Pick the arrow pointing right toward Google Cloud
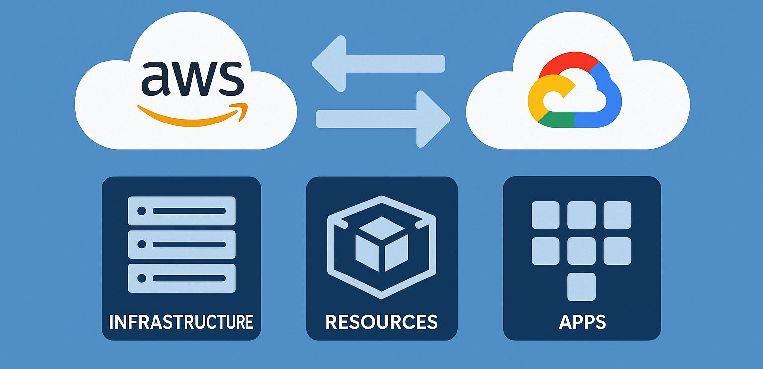point(383,119)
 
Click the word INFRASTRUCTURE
point(181,322)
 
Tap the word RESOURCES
point(381,322)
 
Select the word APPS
point(582,322)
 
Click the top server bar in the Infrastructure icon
point(182,211)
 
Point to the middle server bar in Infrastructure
point(182,244)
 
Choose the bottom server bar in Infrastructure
point(182,278)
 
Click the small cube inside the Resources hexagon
point(381,244)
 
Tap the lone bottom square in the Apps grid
point(581,287)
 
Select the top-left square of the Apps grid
point(545,215)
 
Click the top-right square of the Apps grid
point(617,215)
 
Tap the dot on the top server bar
point(141,211)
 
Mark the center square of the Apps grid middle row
point(581,251)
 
